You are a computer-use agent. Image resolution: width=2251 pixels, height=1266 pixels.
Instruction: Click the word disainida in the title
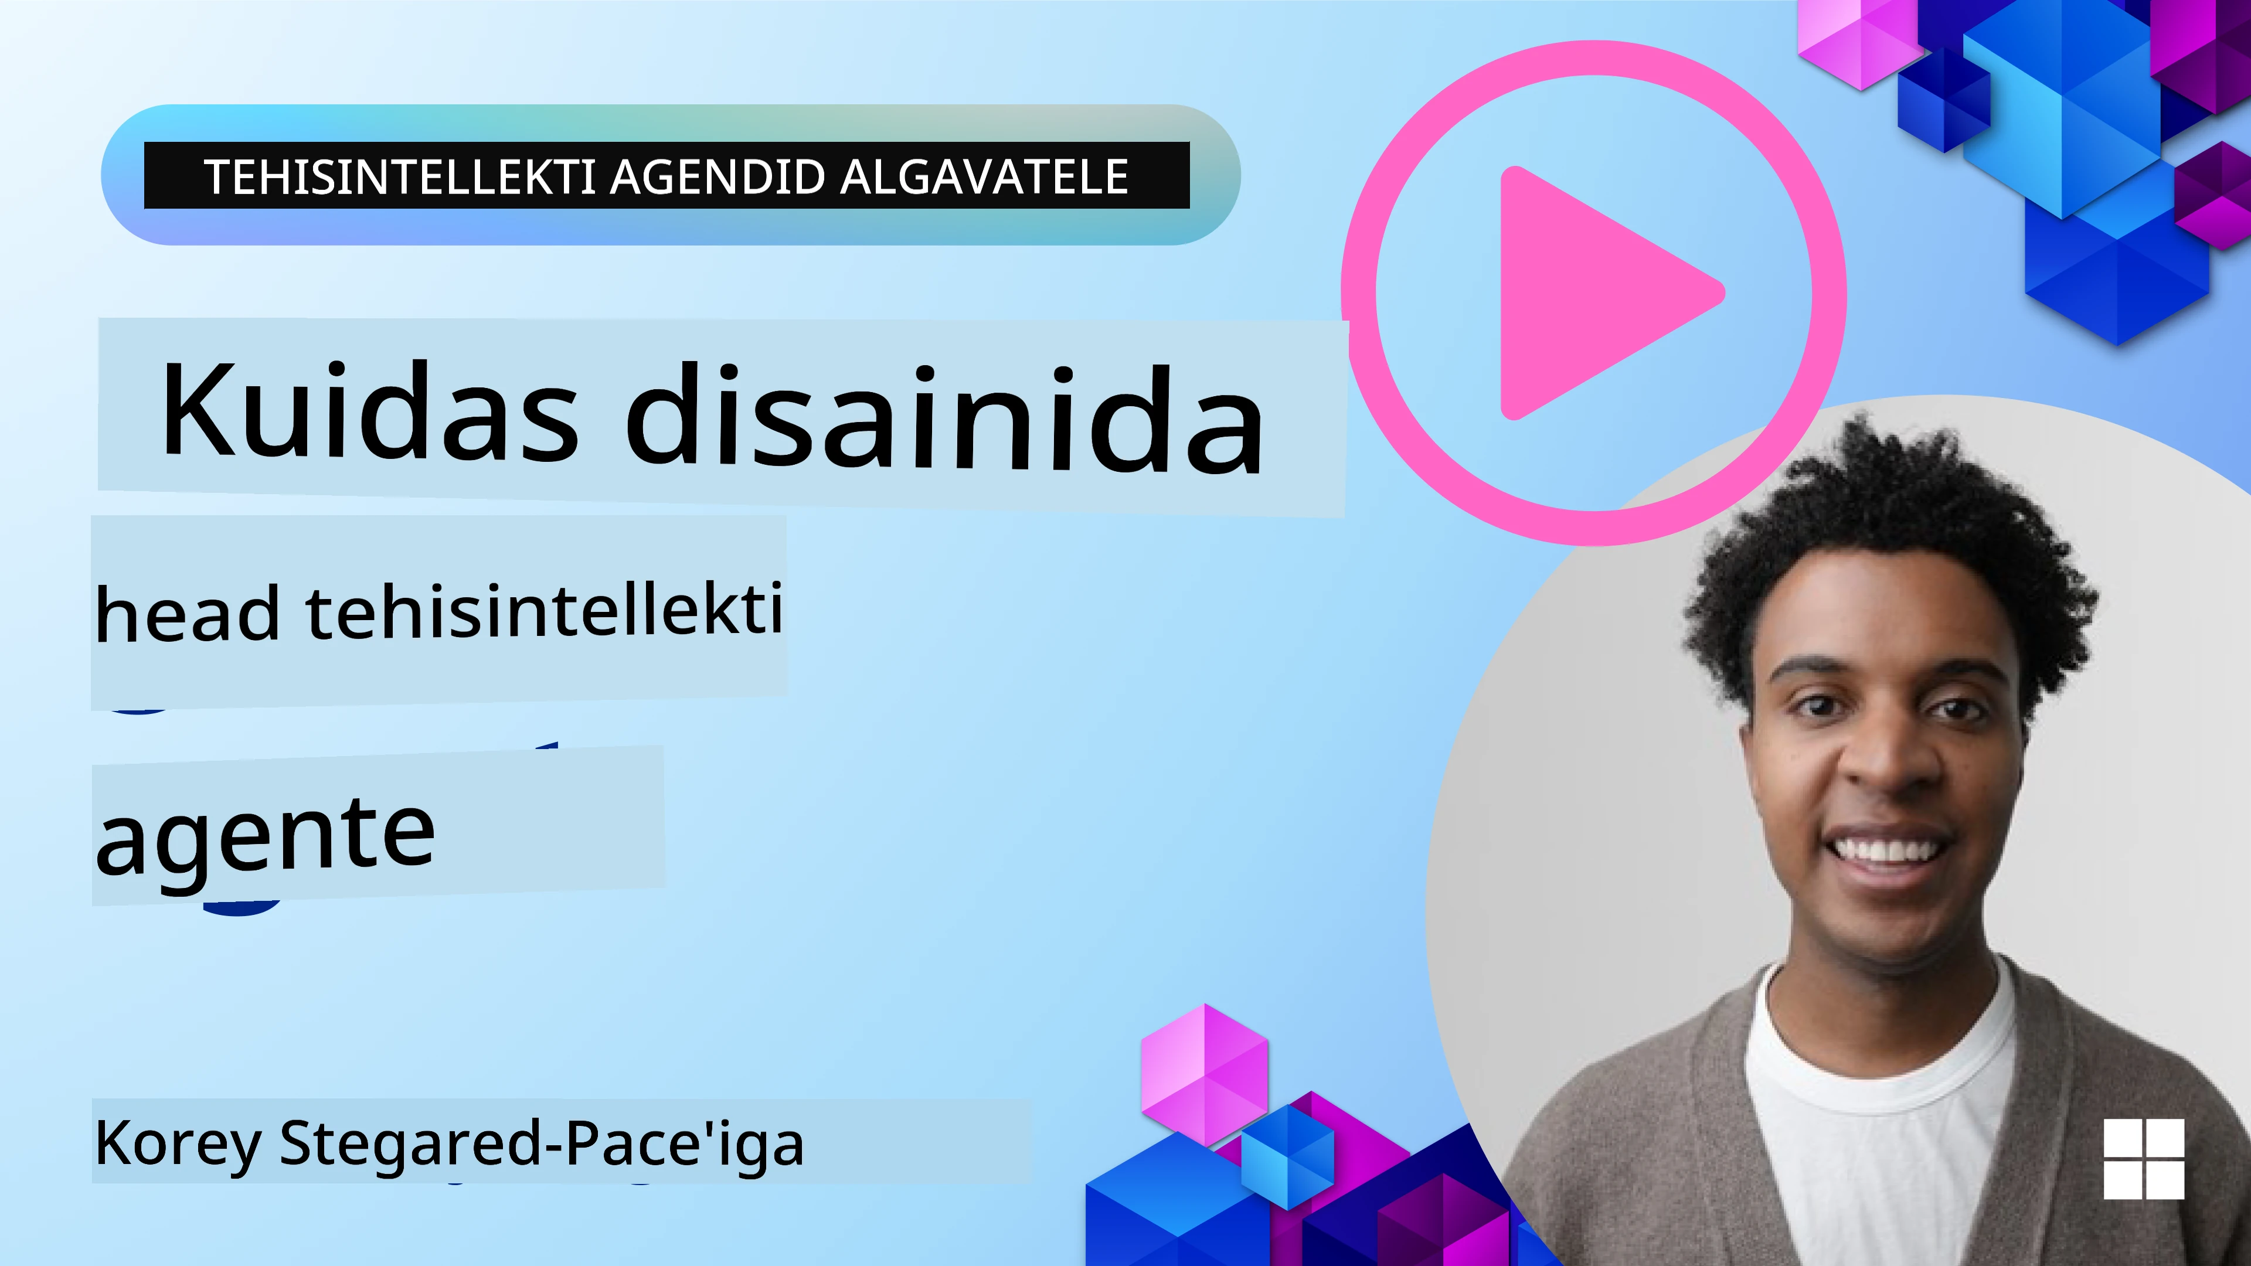point(944,418)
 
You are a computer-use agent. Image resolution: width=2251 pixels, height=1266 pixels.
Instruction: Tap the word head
point(187,614)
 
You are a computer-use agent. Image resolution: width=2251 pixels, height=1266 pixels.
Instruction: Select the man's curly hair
point(1888,516)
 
